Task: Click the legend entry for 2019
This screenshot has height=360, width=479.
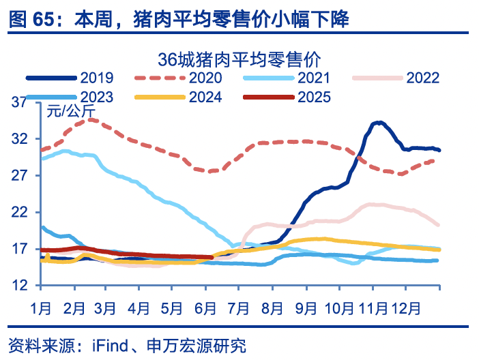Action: (96, 77)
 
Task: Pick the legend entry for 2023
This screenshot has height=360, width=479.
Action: (96, 97)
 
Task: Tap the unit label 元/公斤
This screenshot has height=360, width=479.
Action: (71, 111)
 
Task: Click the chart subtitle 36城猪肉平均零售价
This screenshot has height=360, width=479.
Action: (239, 58)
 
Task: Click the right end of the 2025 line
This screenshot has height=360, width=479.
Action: (212, 258)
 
